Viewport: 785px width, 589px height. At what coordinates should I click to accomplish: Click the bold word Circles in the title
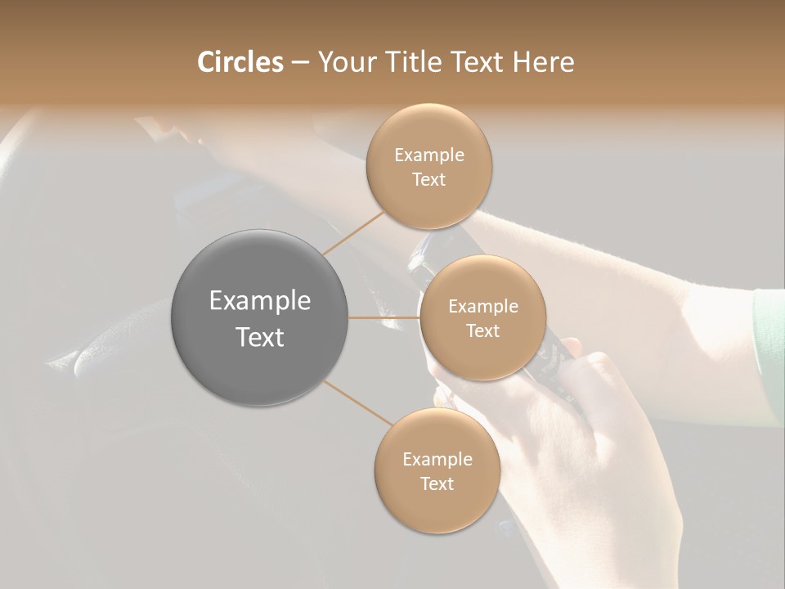point(240,62)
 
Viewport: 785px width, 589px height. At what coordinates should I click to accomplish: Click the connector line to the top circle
point(352,232)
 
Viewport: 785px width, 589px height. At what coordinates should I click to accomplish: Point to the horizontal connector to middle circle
point(384,317)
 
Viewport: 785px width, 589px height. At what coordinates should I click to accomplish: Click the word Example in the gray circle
point(260,301)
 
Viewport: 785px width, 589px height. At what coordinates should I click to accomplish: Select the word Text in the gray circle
point(260,337)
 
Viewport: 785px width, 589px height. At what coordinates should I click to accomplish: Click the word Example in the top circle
point(429,155)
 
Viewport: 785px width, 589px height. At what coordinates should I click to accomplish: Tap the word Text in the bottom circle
point(437,483)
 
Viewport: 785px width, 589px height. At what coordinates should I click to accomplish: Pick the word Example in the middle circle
point(482,307)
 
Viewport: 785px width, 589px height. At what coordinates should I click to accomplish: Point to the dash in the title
point(299,62)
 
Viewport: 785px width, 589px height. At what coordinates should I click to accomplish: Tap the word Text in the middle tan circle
point(482,330)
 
